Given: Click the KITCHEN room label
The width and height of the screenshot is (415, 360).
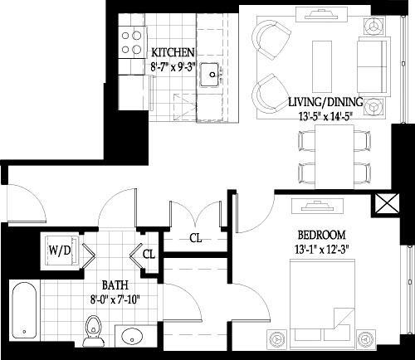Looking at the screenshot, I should (x=173, y=52).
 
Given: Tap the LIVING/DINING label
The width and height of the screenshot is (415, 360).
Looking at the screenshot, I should (x=325, y=102).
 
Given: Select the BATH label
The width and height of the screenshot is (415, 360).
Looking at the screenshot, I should (x=114, y=282).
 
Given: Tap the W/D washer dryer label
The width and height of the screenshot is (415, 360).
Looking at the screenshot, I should (x=58, y=250).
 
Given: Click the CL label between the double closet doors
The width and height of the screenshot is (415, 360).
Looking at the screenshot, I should (x=195, y=238).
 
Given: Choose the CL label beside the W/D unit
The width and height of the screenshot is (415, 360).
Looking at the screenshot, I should (x=149, y=255).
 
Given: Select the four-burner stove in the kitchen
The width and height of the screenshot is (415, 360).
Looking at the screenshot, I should (x=130, y=42).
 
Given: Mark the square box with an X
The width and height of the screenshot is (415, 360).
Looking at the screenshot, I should (x=387, y=204).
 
